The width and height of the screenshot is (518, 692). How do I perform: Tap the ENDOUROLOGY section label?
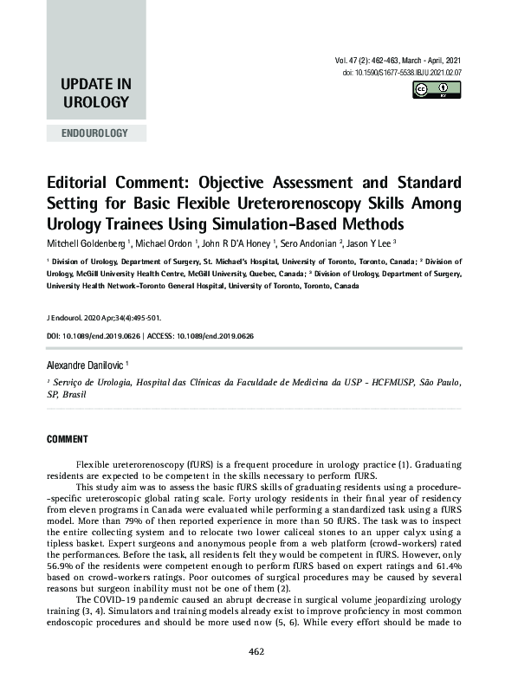[96, 133]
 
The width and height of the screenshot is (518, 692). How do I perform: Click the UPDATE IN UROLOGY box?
[96, 94]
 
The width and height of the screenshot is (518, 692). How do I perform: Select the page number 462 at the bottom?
[256, 676]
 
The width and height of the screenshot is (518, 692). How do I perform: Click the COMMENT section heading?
[68, 440]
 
